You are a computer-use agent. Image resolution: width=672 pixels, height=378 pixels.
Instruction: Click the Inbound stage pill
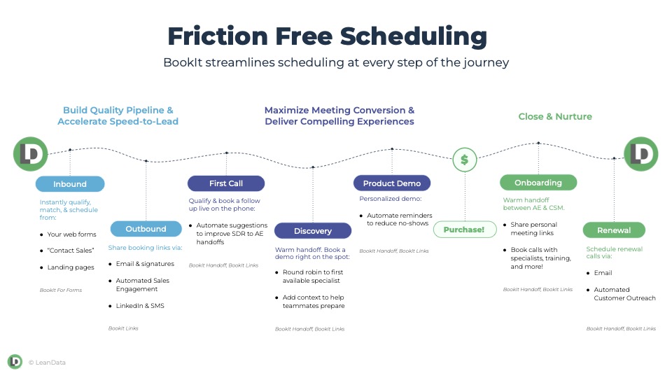tap(70, 184)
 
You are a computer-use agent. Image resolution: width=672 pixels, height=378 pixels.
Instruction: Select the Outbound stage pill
tap(146, 229)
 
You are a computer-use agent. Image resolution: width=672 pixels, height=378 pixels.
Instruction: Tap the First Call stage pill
tap(226, 183)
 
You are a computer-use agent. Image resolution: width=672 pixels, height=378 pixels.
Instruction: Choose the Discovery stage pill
tap(313, 231)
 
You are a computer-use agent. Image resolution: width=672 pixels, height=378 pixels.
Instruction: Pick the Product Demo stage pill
tap(392, 183)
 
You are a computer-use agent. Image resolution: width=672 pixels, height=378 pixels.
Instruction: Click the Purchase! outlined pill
tap(464, 230)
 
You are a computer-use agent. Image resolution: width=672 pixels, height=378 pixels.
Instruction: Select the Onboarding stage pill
tap(538, 183)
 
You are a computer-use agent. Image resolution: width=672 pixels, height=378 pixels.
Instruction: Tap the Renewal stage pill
tap(614, 230)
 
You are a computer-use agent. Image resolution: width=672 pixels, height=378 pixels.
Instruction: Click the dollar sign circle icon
tap(464, 160)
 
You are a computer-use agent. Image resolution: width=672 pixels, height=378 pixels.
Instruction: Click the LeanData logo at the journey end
tap(640, 154)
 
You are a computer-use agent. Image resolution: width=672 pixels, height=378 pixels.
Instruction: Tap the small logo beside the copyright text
tap(15, 362)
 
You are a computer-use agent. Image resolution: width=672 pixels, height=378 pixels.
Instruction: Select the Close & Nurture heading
tap(555, 117)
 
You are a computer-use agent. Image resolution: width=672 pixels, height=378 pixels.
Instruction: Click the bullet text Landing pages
tap(70, 267)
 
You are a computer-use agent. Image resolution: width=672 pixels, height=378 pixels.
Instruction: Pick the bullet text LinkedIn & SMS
tap(140, 306)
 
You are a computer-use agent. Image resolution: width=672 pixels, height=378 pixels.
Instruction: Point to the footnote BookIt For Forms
tap(61, 290)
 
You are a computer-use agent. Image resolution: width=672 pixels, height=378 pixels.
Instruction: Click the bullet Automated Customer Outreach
tap(624, 294)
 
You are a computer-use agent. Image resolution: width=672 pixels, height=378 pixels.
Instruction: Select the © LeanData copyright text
tap(47, 363)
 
